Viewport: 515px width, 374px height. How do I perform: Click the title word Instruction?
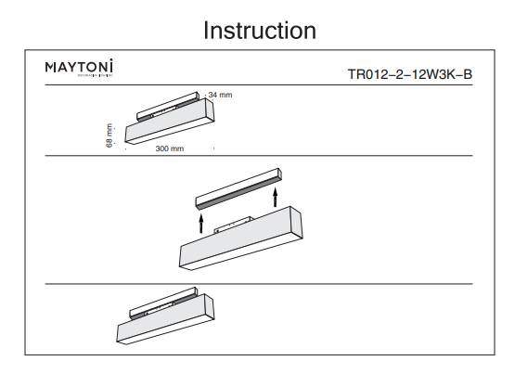pyautogui.click(x=260, y=30)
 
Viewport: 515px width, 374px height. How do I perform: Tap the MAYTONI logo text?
pyautogui.click(x=80, y=69)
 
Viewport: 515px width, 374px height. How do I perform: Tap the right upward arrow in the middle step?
pyautogui.click(x=276, y=197)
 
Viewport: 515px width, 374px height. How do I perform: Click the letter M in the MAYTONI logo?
pyautogui.click(x=50, y=69)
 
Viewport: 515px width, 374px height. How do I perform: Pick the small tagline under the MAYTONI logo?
pyautogui.click(x=80, y=78)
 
